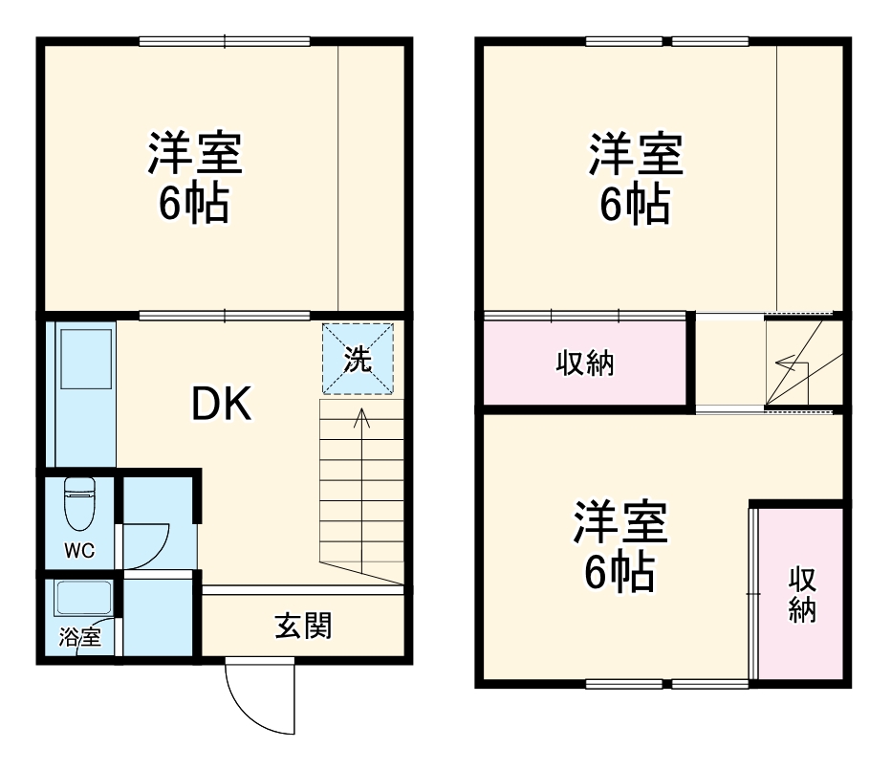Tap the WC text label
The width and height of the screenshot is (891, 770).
tap(79, 551)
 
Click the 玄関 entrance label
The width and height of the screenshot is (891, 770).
tap(303, 627)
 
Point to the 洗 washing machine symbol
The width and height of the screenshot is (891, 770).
tap(358, 360)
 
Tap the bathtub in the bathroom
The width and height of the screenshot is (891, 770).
tap(84, 599)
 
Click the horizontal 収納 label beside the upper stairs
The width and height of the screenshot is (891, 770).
tap(585, 363)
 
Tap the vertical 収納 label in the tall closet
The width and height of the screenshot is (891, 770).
tap(801, 594)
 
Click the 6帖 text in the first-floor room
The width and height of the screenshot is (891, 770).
tap(194, 204)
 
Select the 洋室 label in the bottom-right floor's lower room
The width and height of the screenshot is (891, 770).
tap(620, 524)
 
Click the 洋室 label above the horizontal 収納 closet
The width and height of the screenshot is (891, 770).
tap(635, 155)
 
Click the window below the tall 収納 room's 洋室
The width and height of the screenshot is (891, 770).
tap(666, 683)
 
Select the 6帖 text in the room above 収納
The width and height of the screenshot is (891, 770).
tap(635, 204)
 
